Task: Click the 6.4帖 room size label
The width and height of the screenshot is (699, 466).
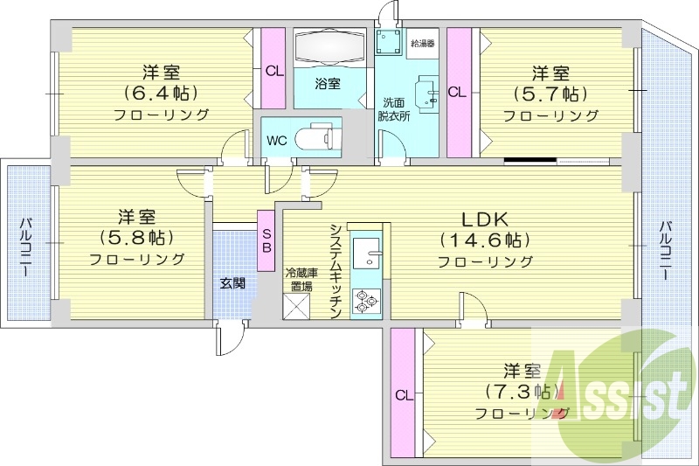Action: pos(161,93)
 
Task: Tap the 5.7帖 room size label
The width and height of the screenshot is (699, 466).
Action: pos(550,94)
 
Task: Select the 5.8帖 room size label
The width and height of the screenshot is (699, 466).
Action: pos(136,237)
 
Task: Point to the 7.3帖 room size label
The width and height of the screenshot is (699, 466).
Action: pos(522,392)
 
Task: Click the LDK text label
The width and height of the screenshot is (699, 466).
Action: pos(485,219)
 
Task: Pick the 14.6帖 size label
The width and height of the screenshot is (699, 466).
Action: pos(485,240)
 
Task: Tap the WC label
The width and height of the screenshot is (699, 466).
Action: pos(276,141)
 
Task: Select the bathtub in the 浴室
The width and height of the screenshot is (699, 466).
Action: pos(329,48)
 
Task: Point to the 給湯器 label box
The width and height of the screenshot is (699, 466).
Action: pos(422,44)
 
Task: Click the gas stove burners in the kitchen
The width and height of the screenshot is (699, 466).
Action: pos(366,300)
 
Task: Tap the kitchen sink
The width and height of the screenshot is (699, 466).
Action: pos(366,253)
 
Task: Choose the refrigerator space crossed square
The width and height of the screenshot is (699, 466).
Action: pos(297,306)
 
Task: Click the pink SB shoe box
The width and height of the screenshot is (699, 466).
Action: pos(266,240)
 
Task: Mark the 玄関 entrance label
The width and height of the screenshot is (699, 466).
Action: pos(232,282)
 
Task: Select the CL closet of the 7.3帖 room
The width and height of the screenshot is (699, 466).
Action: pos(403,393)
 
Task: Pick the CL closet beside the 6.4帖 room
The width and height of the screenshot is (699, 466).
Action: pos(273,68)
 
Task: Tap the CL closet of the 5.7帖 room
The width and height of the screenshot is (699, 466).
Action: pos(459,93)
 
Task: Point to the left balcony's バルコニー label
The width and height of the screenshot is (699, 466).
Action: pos(26,247)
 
